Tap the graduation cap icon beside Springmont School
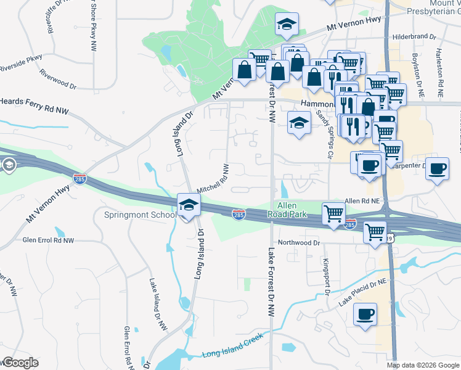pos(189,207)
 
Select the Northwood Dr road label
pos(299,242)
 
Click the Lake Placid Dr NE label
pos(365,292)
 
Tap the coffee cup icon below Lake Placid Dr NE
pos(365,314)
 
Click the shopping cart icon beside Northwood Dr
pos(375,232)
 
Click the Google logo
pos(20,363)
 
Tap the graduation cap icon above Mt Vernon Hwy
pos(285,24)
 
